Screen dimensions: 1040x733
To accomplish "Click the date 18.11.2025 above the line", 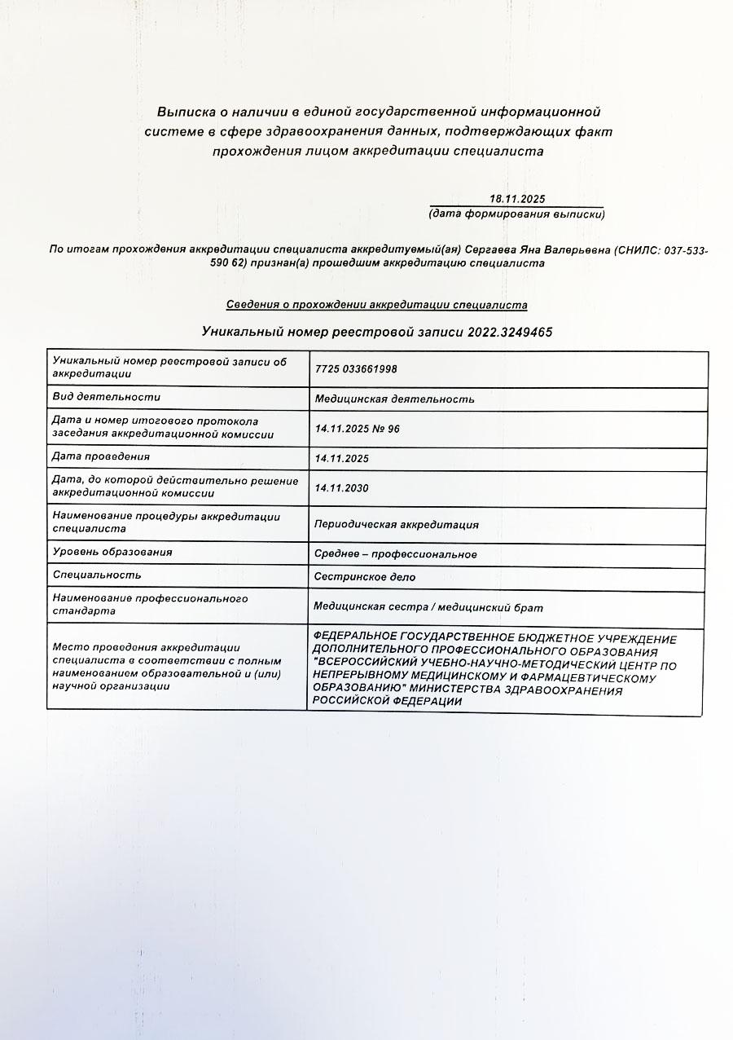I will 516,200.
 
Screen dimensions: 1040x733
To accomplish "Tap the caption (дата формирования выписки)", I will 516,214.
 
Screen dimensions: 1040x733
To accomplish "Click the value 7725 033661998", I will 356,369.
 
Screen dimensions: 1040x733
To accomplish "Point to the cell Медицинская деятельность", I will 394,399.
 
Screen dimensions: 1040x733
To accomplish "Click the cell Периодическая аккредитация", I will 396,524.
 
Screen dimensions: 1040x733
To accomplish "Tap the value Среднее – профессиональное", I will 395,554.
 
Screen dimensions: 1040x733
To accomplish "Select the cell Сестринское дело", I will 364,577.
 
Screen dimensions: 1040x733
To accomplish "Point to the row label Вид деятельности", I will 106,397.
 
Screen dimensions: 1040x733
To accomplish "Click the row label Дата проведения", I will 101,456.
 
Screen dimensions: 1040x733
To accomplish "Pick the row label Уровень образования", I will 112,552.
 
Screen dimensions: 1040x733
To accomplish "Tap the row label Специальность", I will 97,575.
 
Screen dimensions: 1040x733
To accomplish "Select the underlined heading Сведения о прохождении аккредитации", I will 376,305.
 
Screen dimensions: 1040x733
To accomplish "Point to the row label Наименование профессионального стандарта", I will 150,604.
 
